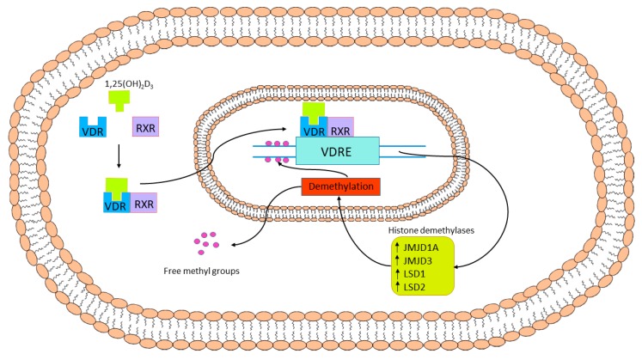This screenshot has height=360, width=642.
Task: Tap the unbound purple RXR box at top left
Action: coord(145,130)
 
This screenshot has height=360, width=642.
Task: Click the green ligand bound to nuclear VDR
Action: coord(314,111)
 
